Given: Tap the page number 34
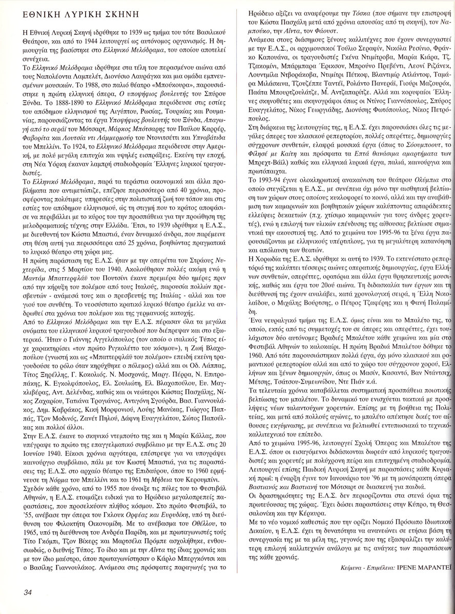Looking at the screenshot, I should tap(28, 593).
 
